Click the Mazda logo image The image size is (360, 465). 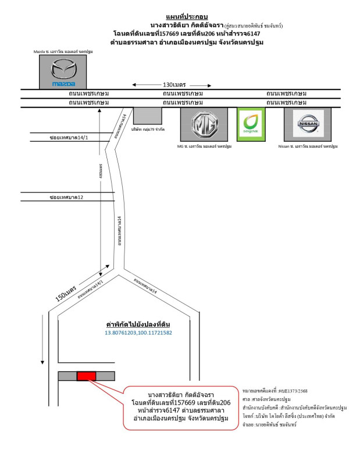(x=62, y=72)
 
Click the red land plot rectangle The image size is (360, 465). (x=86, y=376)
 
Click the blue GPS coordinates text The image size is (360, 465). (x=138, y=333)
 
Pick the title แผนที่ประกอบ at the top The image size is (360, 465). (x=179, y=17)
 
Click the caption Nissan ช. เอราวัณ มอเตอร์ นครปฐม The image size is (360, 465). (x=308, y=146)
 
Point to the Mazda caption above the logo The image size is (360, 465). (x=63, y=52)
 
